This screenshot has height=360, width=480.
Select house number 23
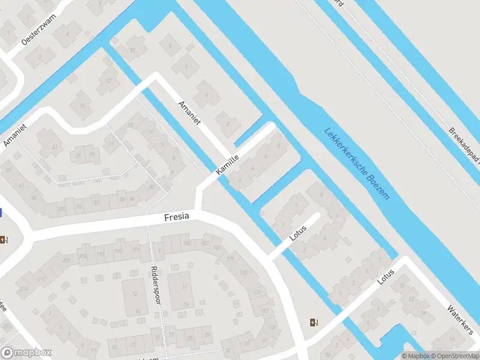[x=55, y=146]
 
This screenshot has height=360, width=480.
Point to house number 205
[x=66, y=260]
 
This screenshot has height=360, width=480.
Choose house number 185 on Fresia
[x=187, y=244]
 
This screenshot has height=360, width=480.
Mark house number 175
[x=243, y=273]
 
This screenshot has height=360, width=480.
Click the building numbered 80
[x=151, y=187]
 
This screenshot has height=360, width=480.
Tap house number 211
[x=41, y=278]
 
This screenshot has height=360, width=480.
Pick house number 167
[x=265, y=310]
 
